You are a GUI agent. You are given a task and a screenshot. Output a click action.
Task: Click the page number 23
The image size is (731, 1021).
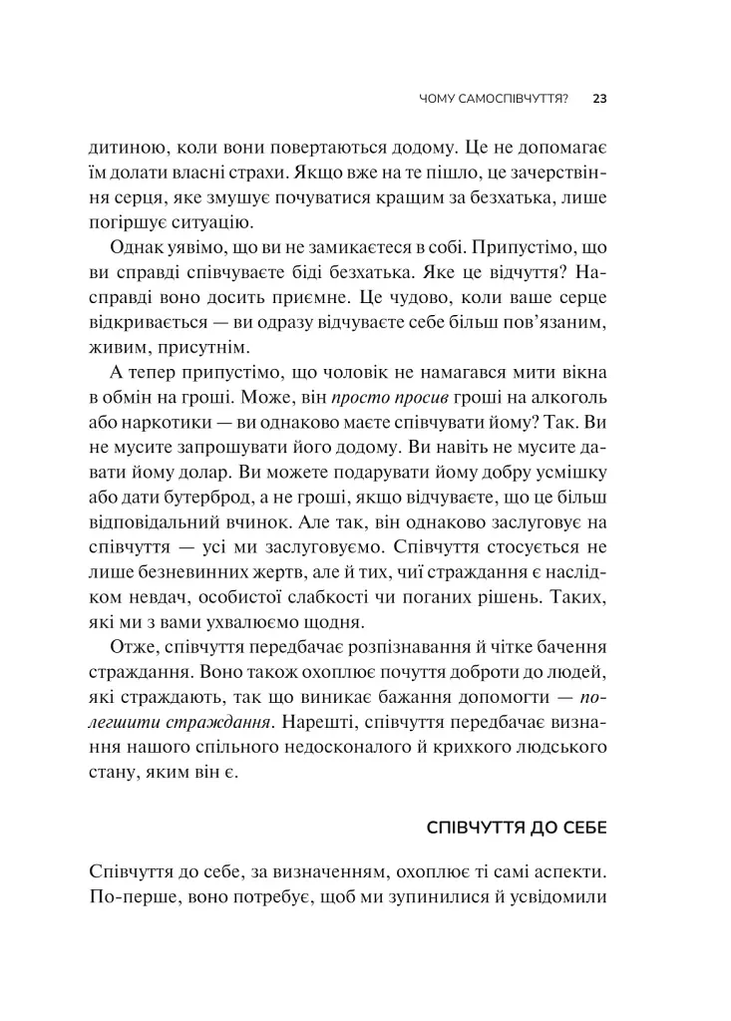pyautogui.click(x=600, y=99)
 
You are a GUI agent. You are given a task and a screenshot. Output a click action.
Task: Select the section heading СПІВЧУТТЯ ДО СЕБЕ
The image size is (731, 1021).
pyautogui.click(x=517, y=829)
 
